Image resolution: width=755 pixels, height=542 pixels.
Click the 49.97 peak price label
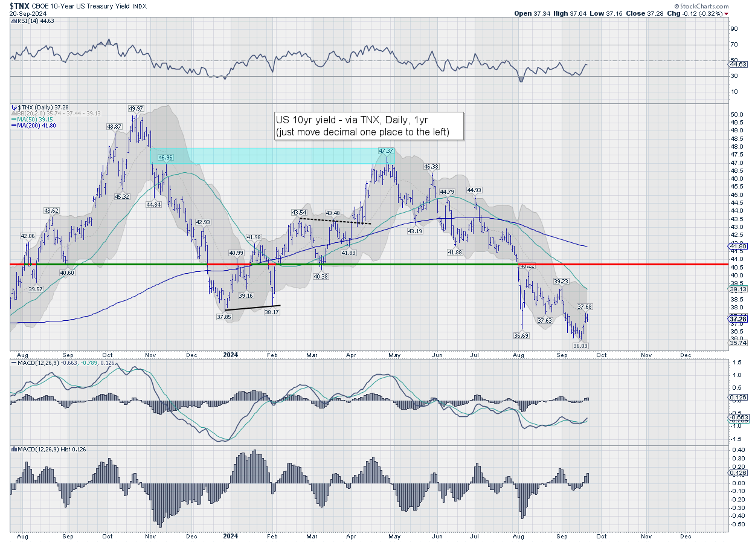(135, 109)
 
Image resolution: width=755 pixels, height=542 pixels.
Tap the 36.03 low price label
(580, 346)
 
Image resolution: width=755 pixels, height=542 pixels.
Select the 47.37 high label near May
(387, 150)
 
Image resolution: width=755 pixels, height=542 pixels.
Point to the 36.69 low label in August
(522, 335)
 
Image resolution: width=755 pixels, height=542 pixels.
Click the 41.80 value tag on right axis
(737, 247)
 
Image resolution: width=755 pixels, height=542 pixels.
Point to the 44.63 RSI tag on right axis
(737, 64)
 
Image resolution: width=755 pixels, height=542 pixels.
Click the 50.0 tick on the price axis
(735, 115)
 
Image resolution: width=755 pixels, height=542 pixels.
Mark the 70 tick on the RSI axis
(733, 45)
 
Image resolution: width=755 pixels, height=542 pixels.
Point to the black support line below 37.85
(252, 308)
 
